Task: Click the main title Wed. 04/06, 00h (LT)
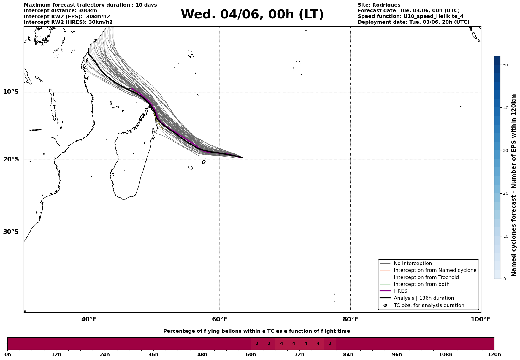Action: [x=252, y=15]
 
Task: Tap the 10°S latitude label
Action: [x=11, y=92]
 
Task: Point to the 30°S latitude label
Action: [x=11, y=232]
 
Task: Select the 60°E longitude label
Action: [x=220, y=319]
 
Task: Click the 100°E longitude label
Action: [x=481, y=319]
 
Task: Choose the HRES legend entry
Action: [x=400, y=291]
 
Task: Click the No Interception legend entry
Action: [x=413, y=264]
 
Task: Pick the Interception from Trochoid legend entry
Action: [x=426, y=277]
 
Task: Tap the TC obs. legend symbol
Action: [x=385, y=305]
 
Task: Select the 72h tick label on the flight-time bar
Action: [x=299, y=354]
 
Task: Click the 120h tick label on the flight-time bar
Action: [x=494, y=354]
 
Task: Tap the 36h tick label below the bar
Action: [x=153, y=354]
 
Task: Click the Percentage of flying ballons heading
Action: [x=256, y=331]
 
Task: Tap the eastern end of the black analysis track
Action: [x=242, y=158]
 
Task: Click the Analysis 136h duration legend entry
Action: [x=424, y=298]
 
